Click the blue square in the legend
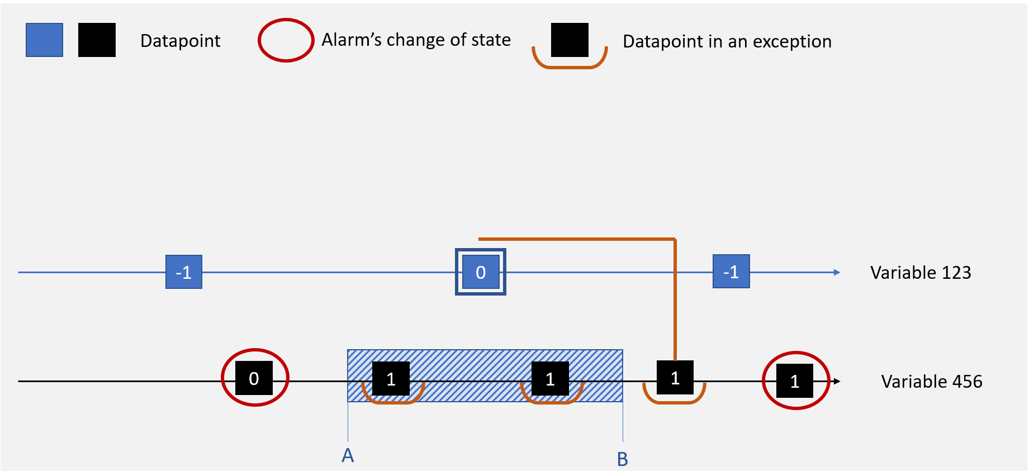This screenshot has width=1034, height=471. pyautogui.click(x=44, y=40)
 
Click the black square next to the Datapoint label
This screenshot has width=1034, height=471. pyautogui.click(x=97, y=40)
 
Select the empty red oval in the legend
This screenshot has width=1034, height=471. pyautogui.click(x=285, y=40)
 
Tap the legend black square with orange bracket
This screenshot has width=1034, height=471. pyautogui.click(x=570, y=41)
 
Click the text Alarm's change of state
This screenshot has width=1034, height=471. pyautogui.click(x=416, y=40)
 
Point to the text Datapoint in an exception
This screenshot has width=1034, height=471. pyautogui.click(x=727, y=41)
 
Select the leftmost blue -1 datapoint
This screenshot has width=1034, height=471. pyautogui.click(x=183, y=272)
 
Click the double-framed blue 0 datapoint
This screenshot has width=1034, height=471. pyautogui.click(x=480, y=272)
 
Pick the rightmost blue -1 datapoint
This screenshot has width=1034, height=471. pyautogui.click(x=731, y=272)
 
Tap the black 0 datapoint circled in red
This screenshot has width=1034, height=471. pyautogui.click(x=254, y=378)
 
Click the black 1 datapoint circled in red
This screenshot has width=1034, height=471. pyautogui.click(x=794, y=381)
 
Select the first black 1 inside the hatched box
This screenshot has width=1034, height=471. pyautogui.click(x=391, y=379)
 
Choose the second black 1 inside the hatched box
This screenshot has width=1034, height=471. pyautogui.click(x=550, y=379)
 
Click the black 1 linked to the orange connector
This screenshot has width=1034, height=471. pyautogui.click(x=675, y=378)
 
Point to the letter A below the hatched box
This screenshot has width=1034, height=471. pyautogui.click(x=348, y=455)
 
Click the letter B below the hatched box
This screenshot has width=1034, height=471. pyautogui.click(x=622, y=459)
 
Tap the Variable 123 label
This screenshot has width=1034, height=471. pyautogui.click(x=920, y=273)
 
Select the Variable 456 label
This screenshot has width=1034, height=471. pyautogui.click(x=931, y=382)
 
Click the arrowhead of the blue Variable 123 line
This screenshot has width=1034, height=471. pyautogui.click(x=837, y=273)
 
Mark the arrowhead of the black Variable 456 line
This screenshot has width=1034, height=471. pyautogui.click(x=837, y=382)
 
